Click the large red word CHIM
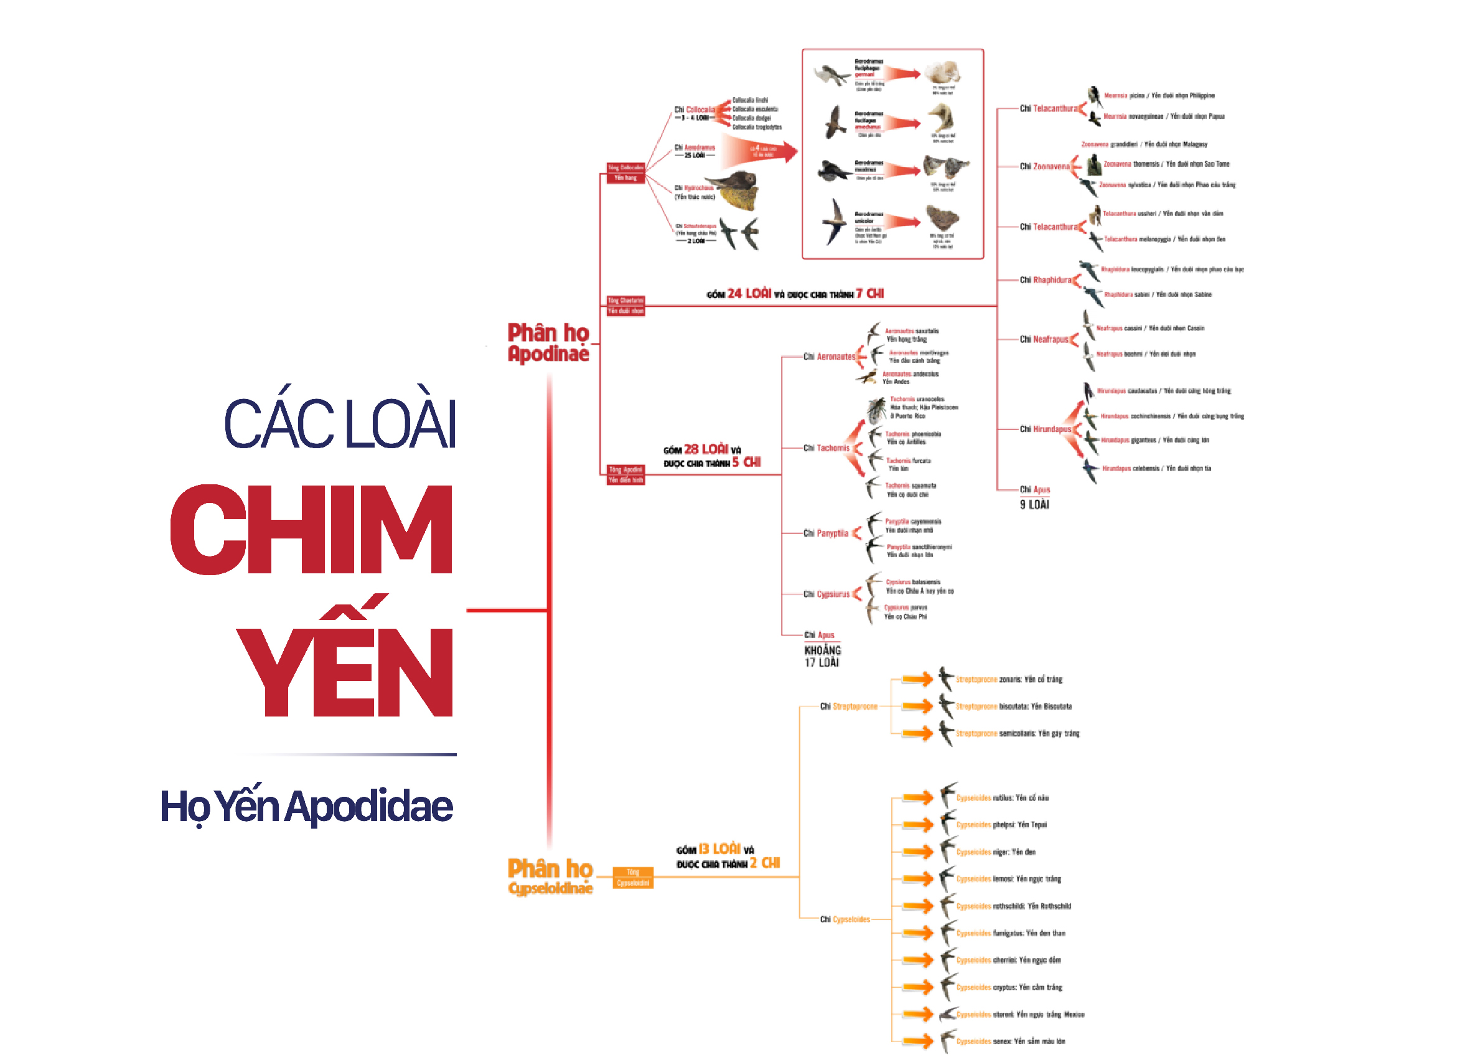coord(311,529)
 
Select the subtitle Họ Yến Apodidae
coord(306,806)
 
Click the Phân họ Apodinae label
coord(548,342)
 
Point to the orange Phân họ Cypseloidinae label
coord(550,876)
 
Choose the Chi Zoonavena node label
coord(1044,167)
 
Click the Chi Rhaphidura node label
coord(1045,280)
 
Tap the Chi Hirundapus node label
coord(1045,430)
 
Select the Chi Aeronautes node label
coord(829,357)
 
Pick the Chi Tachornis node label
coord(826,448)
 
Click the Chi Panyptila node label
coord(826,533)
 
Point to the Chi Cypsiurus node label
coord(826,594)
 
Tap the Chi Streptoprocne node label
coord(848,707)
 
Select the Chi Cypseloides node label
coord(845,919)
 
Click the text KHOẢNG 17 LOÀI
coord(823,656)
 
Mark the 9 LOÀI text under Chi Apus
coord(1034,505)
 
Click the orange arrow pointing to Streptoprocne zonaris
coord(918,680)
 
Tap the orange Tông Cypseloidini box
coord(632,878)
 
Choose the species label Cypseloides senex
coord(1011,1041)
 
